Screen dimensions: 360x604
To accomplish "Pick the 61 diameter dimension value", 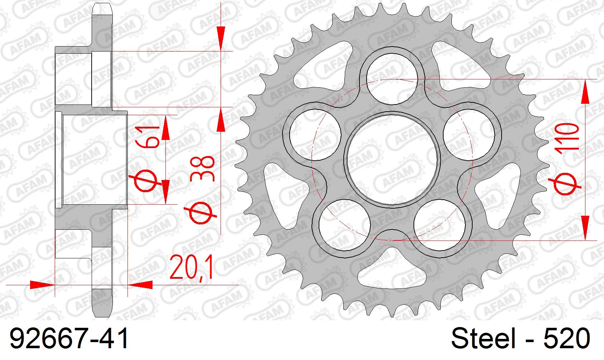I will click(147, 137).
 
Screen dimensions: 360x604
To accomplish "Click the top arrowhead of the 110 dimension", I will click(585, 92).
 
